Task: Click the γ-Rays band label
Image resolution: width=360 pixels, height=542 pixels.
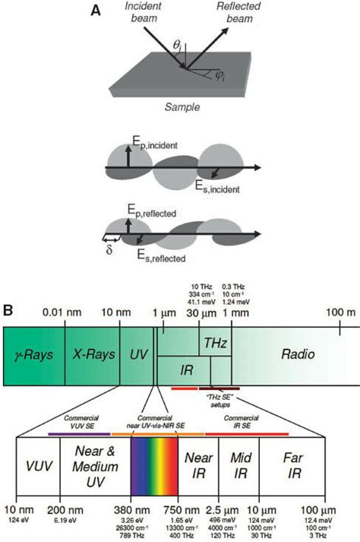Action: [32, 355]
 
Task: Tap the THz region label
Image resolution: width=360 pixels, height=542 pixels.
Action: [215, 344]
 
